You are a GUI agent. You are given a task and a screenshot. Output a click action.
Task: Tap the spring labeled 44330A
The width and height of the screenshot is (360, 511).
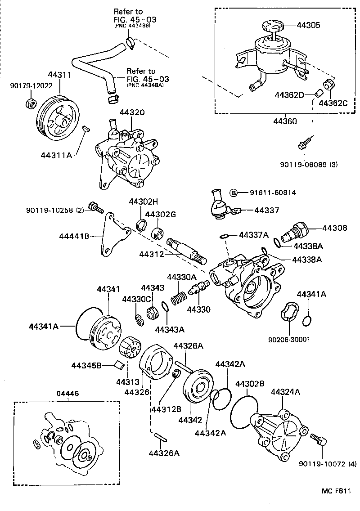point(180,297)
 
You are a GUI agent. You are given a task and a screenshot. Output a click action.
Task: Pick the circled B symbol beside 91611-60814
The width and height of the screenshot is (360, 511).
point(234,193)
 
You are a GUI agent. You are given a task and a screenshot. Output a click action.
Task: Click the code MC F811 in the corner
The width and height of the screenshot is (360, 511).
point(335,491)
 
